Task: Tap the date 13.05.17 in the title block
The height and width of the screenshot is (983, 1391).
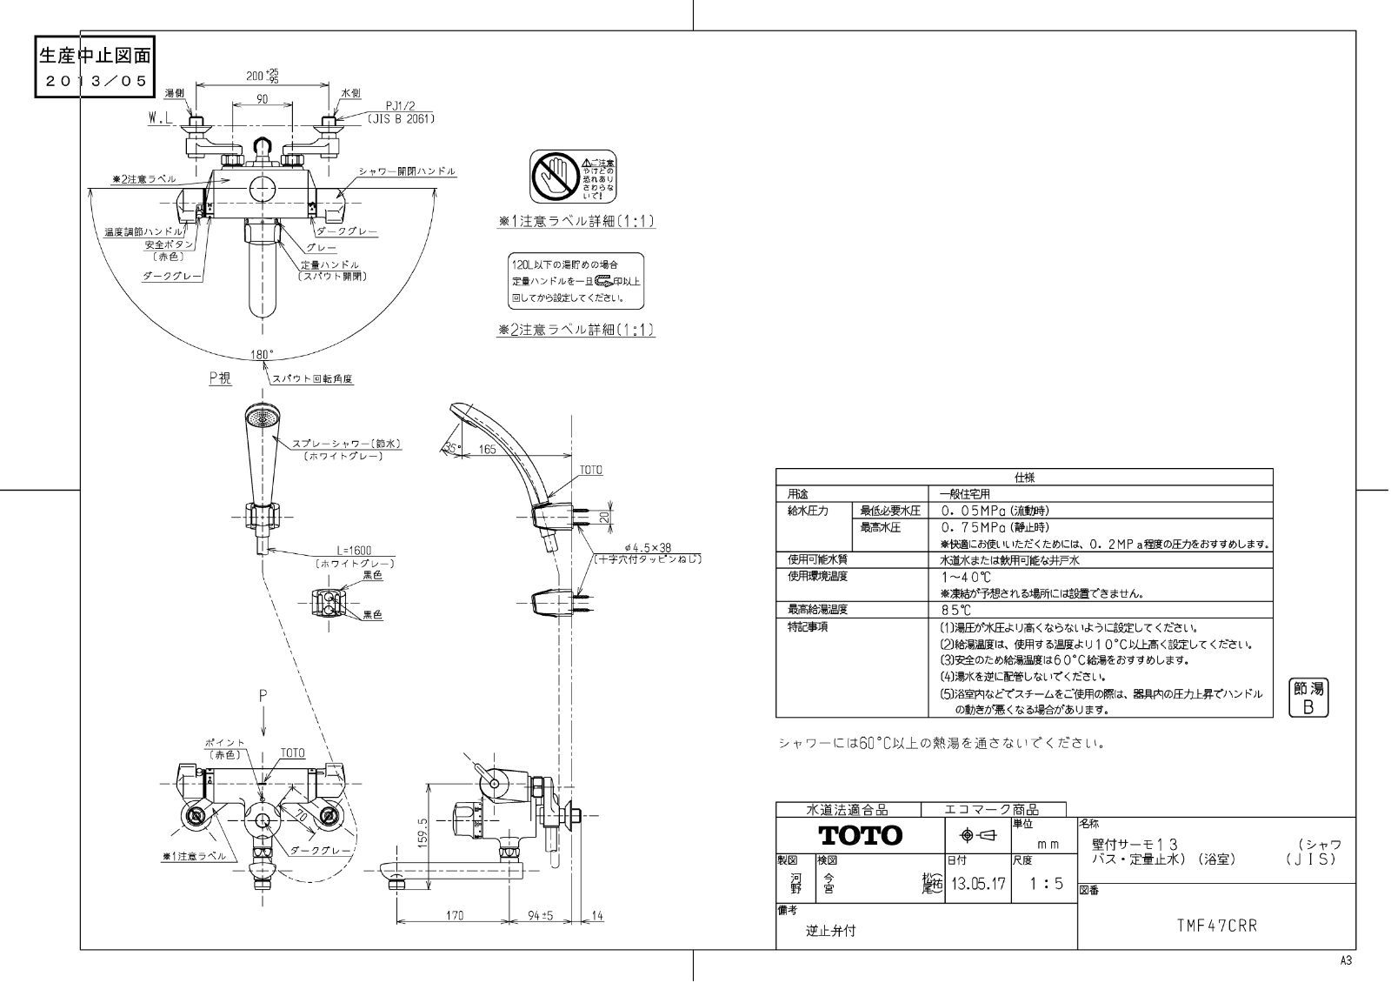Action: (977, 884)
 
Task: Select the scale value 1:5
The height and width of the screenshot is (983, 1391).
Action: (1046, 884)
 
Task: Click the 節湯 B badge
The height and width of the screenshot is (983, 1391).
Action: (1308, 698)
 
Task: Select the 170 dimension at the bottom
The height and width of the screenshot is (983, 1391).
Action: (455, 915)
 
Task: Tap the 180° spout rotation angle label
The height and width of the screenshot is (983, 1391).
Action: (262, 355)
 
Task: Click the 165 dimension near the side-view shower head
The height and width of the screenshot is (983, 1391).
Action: (487, 449)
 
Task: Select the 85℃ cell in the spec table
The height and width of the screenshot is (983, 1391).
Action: (955, 610)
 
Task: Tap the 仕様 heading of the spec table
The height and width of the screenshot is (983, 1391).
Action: (1024, 478)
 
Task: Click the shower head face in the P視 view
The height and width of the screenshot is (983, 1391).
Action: (261, 420)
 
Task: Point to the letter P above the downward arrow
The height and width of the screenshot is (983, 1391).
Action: (260, 696)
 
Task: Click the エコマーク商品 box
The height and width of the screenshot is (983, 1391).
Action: (991, 810)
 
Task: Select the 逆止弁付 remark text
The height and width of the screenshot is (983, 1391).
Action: (830, 930)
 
